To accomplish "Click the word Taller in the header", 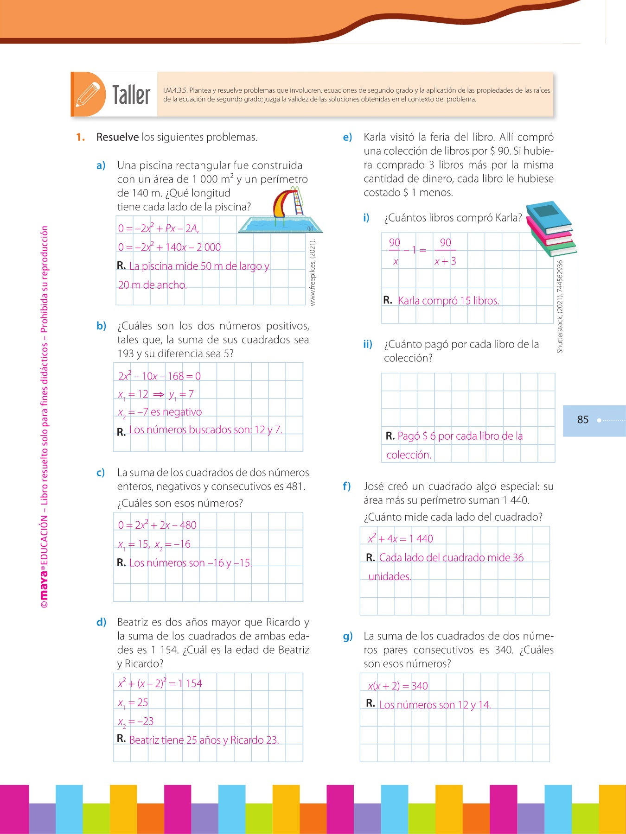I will click(131, 95).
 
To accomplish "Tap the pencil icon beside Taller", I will click(88, 95).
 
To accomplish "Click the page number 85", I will click(583, 420).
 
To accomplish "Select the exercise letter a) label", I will click(101, 165).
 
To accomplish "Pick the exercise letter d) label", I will click(101, 622).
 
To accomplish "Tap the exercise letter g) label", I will click(348, 636).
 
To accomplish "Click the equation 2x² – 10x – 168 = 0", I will click(159, 376).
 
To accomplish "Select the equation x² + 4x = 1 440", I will click(400, 538).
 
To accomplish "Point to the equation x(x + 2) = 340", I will click(398, 686).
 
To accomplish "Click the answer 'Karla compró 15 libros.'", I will click(448, 301).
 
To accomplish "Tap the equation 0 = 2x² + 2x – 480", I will click(157, 525).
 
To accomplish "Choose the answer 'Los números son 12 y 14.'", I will click(434, 705).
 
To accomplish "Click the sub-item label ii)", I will click(368, 344).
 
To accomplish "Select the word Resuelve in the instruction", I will click(117, 137).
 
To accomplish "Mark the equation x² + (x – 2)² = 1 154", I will click(160, 683).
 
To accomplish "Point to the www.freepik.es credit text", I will click(313, 272).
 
